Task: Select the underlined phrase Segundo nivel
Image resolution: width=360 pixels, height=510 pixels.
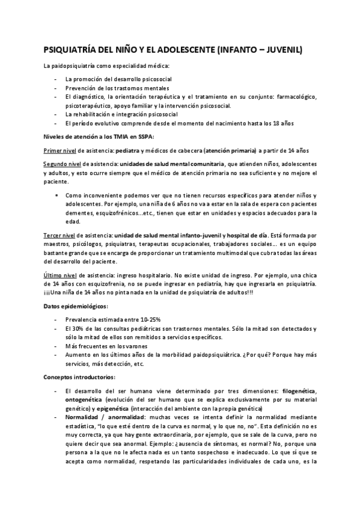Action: coord(63,164)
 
